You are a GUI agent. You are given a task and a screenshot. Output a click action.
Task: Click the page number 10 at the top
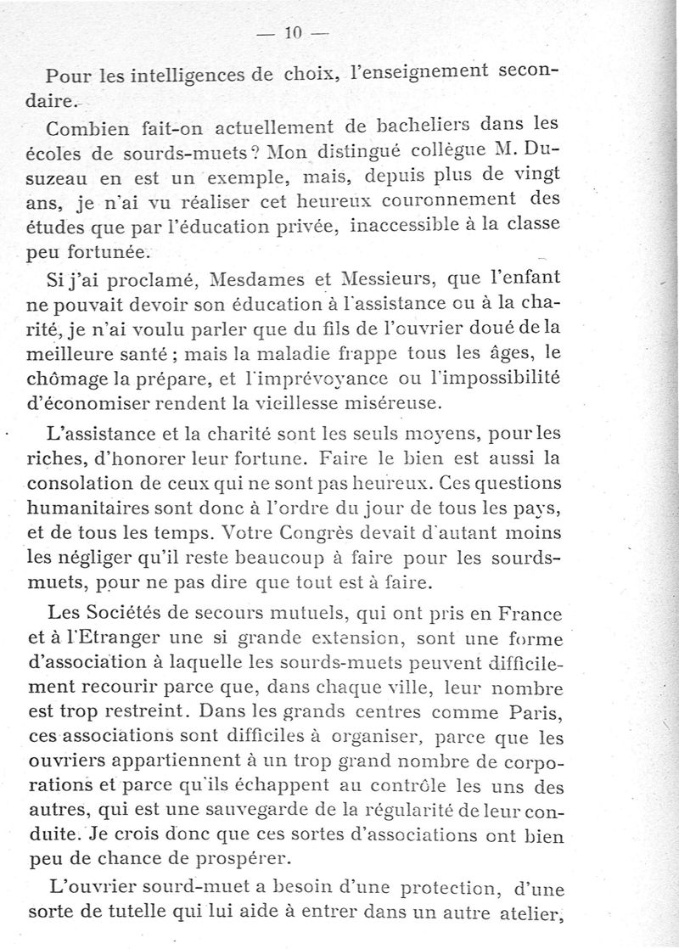coord(295,34)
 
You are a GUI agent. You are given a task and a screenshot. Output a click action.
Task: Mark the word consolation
coord(94,485)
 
